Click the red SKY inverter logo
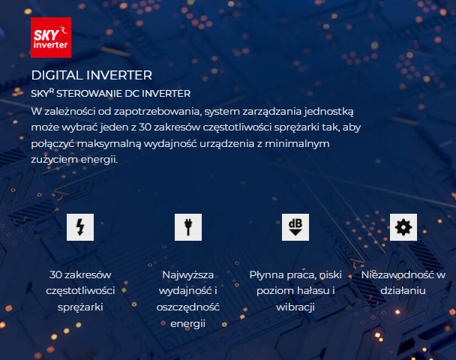pyautogui.click(x=51, y=37)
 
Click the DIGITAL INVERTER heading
pyautogui.click(x=91, y=75)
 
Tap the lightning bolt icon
pyautogui.click(x=80, y=227)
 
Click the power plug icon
pyautogui.click(x=188, y=227)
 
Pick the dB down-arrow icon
pyautogui.click(x=295, y=227)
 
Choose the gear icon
pyautogui.click(x=403, y=227)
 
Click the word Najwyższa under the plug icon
pyautogui.click(x=188, y=275)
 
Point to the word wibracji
pyautogui.click(x=295, y=307)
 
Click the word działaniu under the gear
pyautogui.click(x=403, y=291)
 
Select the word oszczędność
pyautogui.click(x=188, y=307)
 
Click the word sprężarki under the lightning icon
pyautogui.click(x=80, y=307)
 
